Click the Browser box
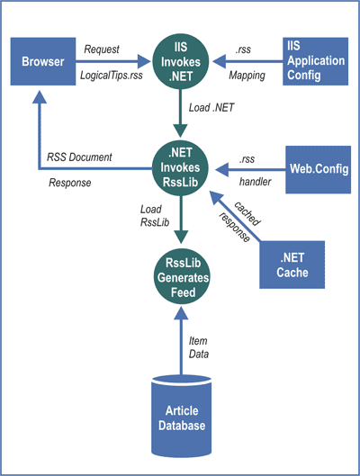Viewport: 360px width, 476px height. [43, 61]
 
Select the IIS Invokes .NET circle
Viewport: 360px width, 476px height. [181, 61]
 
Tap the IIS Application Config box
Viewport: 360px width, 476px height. [315, 61]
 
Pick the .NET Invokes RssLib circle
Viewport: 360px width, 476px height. [181, 167]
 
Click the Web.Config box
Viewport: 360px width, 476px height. [318, 169]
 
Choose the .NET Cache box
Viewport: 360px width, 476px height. [292, 265]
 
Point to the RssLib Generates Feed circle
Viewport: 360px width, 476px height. [182, 277]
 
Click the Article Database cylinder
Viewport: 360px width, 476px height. [182, 416]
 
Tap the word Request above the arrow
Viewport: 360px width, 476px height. [102, 49]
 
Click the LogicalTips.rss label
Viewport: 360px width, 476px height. [112, 75]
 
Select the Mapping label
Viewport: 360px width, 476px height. [247, 76]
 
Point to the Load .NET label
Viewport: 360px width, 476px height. [211, 107]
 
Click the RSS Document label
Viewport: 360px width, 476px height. [79, 157]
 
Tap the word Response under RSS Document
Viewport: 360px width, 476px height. [70, 183]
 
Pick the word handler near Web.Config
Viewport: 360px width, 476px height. [255, 182]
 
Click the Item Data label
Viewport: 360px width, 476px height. [199, 347]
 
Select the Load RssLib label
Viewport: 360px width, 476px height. [155, 216]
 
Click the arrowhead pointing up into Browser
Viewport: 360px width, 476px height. [40, 97]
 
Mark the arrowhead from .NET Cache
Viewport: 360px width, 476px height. [216, 198]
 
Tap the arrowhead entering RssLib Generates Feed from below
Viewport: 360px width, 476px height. [181, 313]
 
